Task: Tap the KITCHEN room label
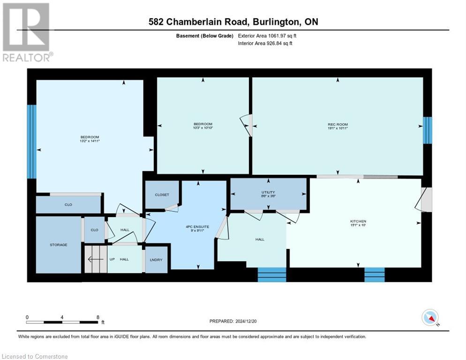click(358, 221)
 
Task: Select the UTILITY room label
click(268, 192)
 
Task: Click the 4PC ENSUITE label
click(197, 226)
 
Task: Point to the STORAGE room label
click(59, 245)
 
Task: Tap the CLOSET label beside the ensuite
click(161, 195)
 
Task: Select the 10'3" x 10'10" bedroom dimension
click(203, 127)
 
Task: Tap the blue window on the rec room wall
click(427, 130)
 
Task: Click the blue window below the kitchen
click(374, 275)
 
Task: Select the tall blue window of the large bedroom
click(31, 142)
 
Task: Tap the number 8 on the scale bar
click(98, 317)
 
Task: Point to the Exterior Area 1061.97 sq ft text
click(268, 35)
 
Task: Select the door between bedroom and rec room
click(247, 126)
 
